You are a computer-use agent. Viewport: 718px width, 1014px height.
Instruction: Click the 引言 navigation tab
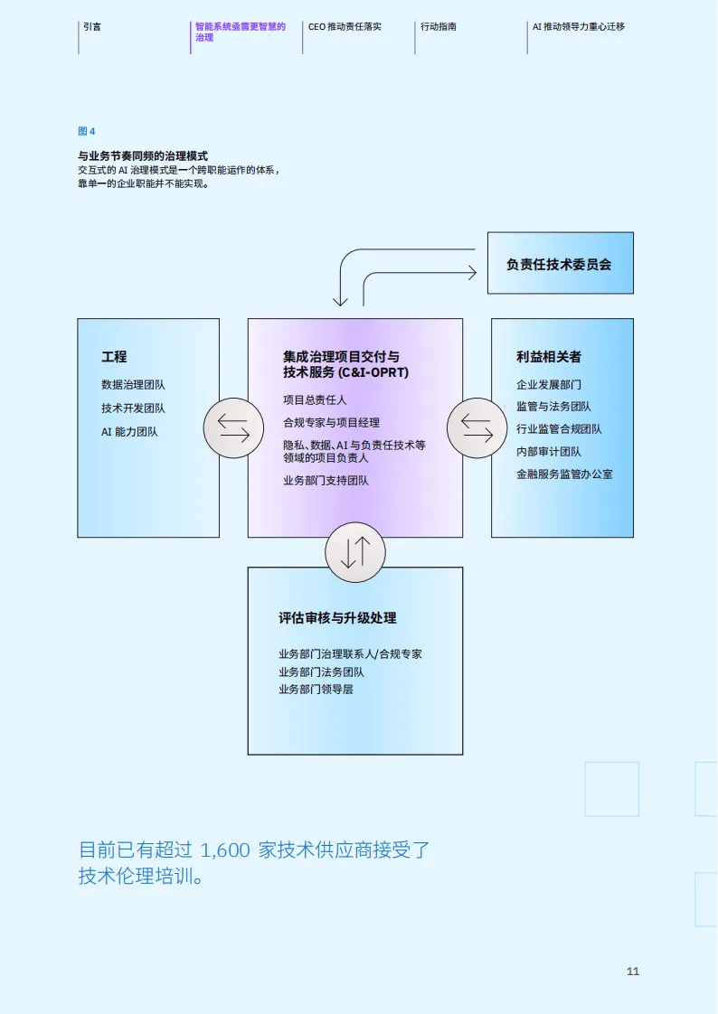point(91,27)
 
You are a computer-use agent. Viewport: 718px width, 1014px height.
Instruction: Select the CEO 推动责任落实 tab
point(345,27)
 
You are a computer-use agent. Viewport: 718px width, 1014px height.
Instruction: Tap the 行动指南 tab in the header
point(439,27)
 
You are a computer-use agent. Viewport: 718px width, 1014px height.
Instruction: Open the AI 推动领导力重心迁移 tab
point(579,27)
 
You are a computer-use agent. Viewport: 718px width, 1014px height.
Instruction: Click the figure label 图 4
point(87,131)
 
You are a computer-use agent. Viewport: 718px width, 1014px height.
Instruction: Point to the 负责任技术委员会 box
point(560,264)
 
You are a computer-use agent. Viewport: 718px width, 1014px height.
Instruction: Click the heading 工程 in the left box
point(114,357)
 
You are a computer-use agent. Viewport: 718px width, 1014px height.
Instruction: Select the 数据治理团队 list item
point(133,385)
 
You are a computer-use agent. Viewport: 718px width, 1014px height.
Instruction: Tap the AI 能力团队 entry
point(129,432)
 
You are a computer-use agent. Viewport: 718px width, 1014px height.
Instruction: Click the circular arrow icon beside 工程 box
point(233,427)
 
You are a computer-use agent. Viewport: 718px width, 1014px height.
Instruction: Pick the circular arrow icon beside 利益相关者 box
point(477,427)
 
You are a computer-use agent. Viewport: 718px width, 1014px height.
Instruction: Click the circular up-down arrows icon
point(355,552)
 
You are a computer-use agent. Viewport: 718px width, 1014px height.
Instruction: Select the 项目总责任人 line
point(314,399)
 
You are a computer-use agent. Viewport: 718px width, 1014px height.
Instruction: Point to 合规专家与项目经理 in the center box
point(331,423)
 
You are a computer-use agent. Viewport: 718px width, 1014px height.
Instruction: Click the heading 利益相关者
point(548,357)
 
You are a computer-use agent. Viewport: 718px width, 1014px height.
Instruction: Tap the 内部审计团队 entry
point(548,452)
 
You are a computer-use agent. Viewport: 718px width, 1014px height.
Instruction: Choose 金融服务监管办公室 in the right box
point(564,474)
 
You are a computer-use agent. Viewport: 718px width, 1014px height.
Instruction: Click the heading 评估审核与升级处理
point(337,618)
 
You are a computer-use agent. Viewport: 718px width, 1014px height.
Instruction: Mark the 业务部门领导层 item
point(316,690)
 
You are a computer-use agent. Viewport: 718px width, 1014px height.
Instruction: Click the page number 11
point(633,972)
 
